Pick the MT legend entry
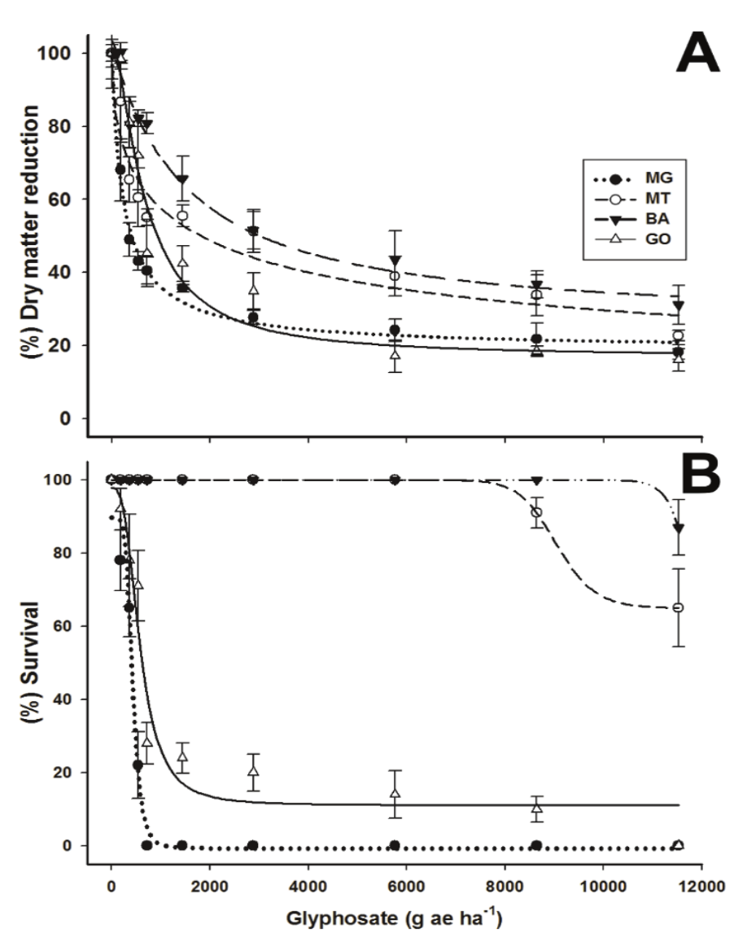tap(627, 198)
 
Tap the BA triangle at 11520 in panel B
tap(678, 528)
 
